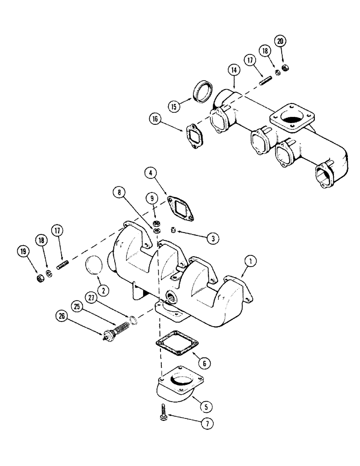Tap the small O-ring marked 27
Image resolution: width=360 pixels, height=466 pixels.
[x=133, y=319]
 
